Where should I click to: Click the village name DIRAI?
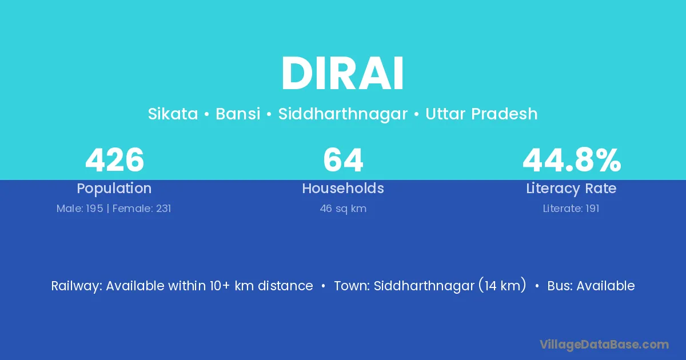342,73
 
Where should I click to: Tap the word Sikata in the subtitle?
173,114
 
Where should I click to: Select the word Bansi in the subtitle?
238,114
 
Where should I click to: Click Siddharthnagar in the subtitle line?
342,114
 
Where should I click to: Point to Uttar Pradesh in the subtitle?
481,114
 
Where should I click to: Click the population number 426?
114,160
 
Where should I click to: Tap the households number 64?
343,160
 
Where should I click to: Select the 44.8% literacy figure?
572,160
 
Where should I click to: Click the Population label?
114,189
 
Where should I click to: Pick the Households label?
343,188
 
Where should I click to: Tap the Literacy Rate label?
571,189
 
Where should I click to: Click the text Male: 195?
79,209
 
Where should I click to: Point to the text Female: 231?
142,209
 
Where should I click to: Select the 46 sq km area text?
343,209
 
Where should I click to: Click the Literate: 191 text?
571,209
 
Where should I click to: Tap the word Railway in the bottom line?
75,286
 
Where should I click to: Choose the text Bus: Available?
591,286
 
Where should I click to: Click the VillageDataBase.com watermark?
604,345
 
